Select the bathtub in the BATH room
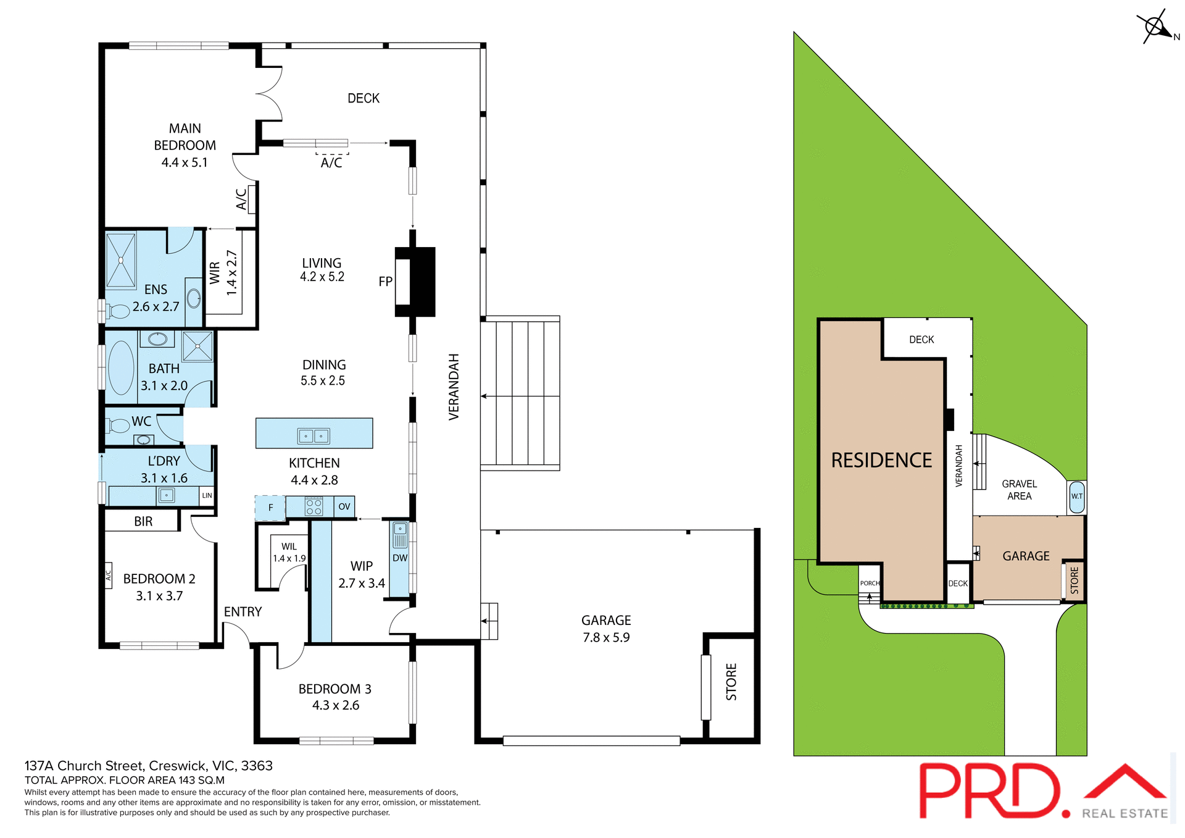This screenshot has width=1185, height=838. click(121, 367)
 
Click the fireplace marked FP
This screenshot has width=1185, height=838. click(415, 282)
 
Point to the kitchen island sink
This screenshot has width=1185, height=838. click(314, 436)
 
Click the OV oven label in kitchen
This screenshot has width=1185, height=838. click(344, 506)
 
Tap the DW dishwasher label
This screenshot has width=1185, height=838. click(400, 558)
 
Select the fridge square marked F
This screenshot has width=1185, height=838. click(270, 508)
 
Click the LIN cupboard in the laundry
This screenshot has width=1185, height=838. click(207, 495)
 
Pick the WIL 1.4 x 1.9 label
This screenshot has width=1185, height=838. click(289, 552)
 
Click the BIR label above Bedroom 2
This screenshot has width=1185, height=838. click(143, 521)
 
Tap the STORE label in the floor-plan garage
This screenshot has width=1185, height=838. click(731, 682)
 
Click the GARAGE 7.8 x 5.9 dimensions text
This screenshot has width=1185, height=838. click(606, 637)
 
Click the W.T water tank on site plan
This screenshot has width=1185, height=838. click(1076, 497)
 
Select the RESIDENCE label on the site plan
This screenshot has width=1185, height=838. click(881, 460)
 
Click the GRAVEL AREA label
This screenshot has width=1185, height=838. click(1019, 490)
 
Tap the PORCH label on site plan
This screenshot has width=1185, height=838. click(870, 583)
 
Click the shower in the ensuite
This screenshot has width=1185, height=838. click(121, 261)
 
